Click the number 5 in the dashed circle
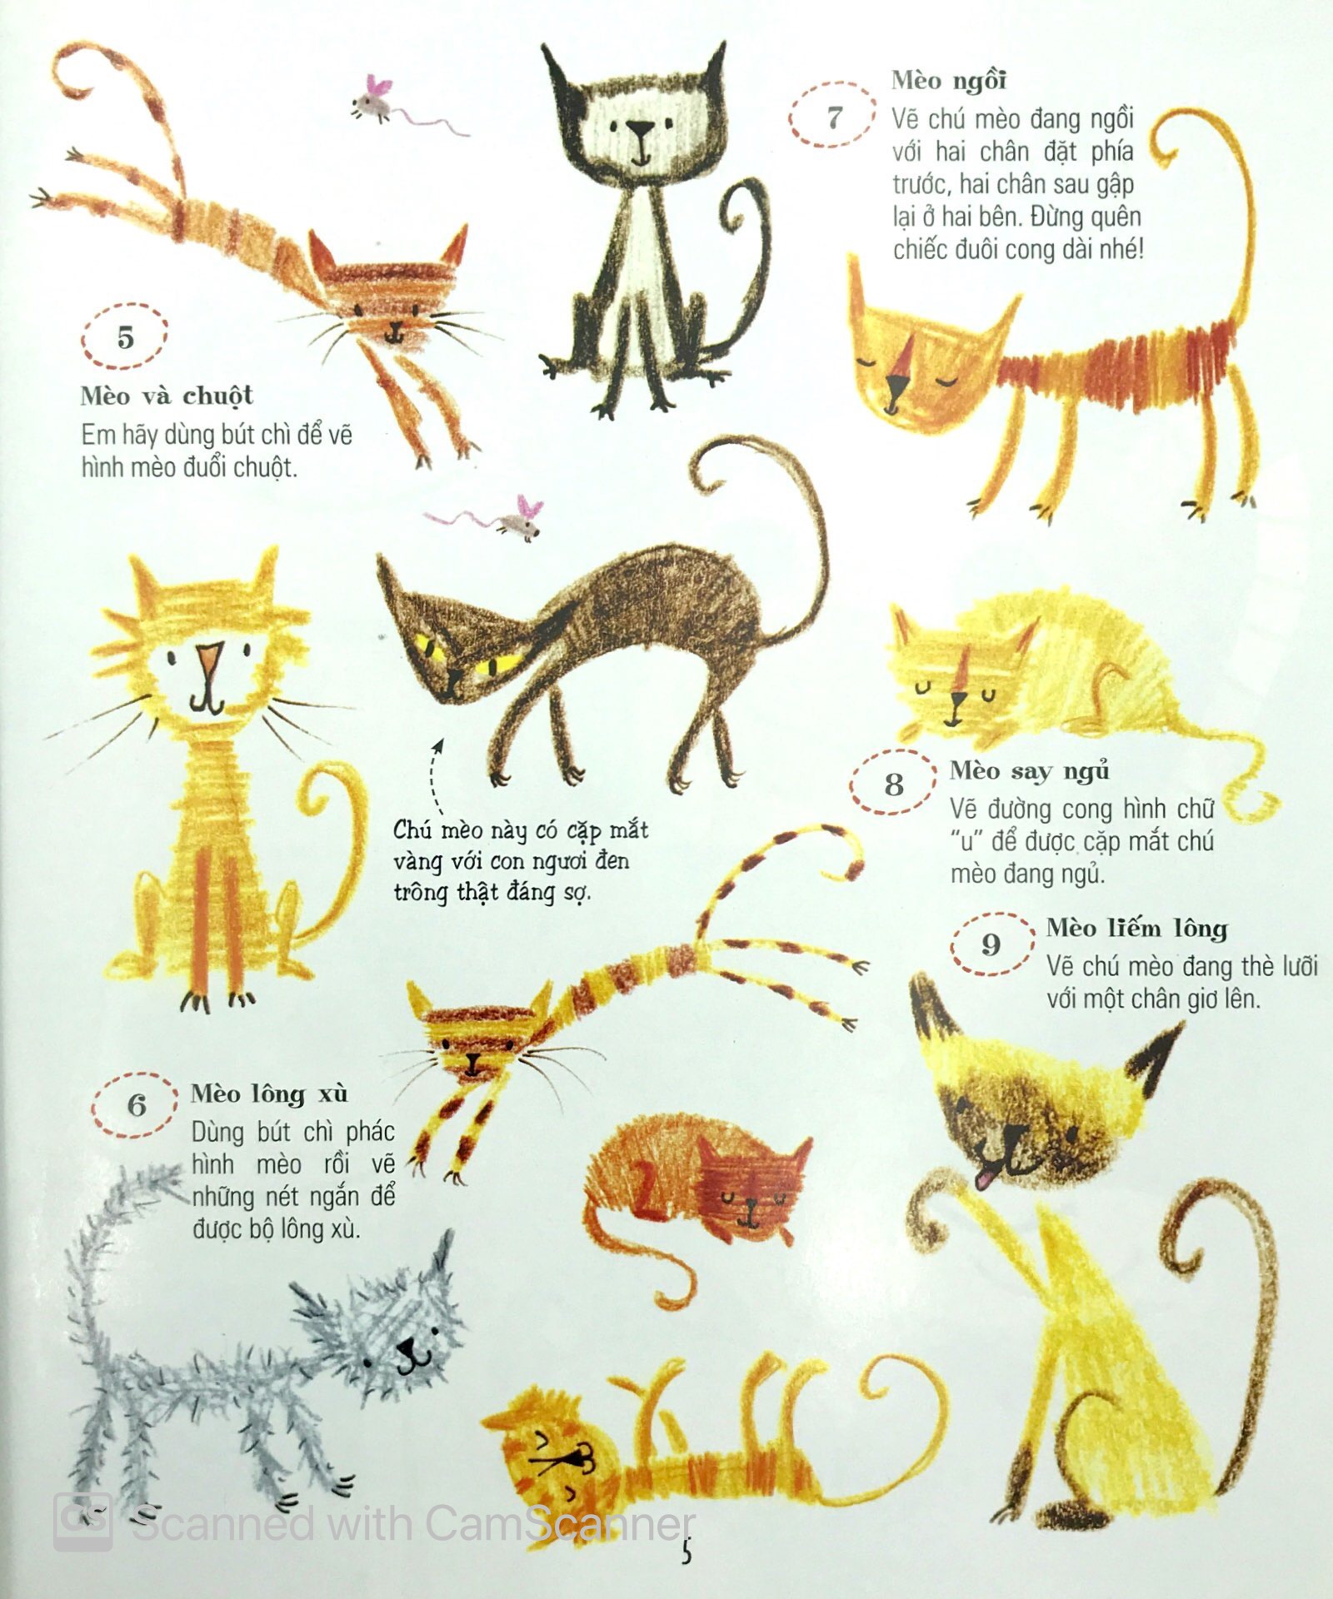(126, 338)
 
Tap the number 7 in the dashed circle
(835, 117)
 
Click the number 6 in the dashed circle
(137, 1105)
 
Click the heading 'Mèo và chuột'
(167, 396)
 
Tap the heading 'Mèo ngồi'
(949, 80)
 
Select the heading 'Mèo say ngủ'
(1030, 771)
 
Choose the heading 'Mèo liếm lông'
(1136, 928)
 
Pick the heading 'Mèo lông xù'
(269, 1093)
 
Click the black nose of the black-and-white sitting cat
(640, 130)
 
